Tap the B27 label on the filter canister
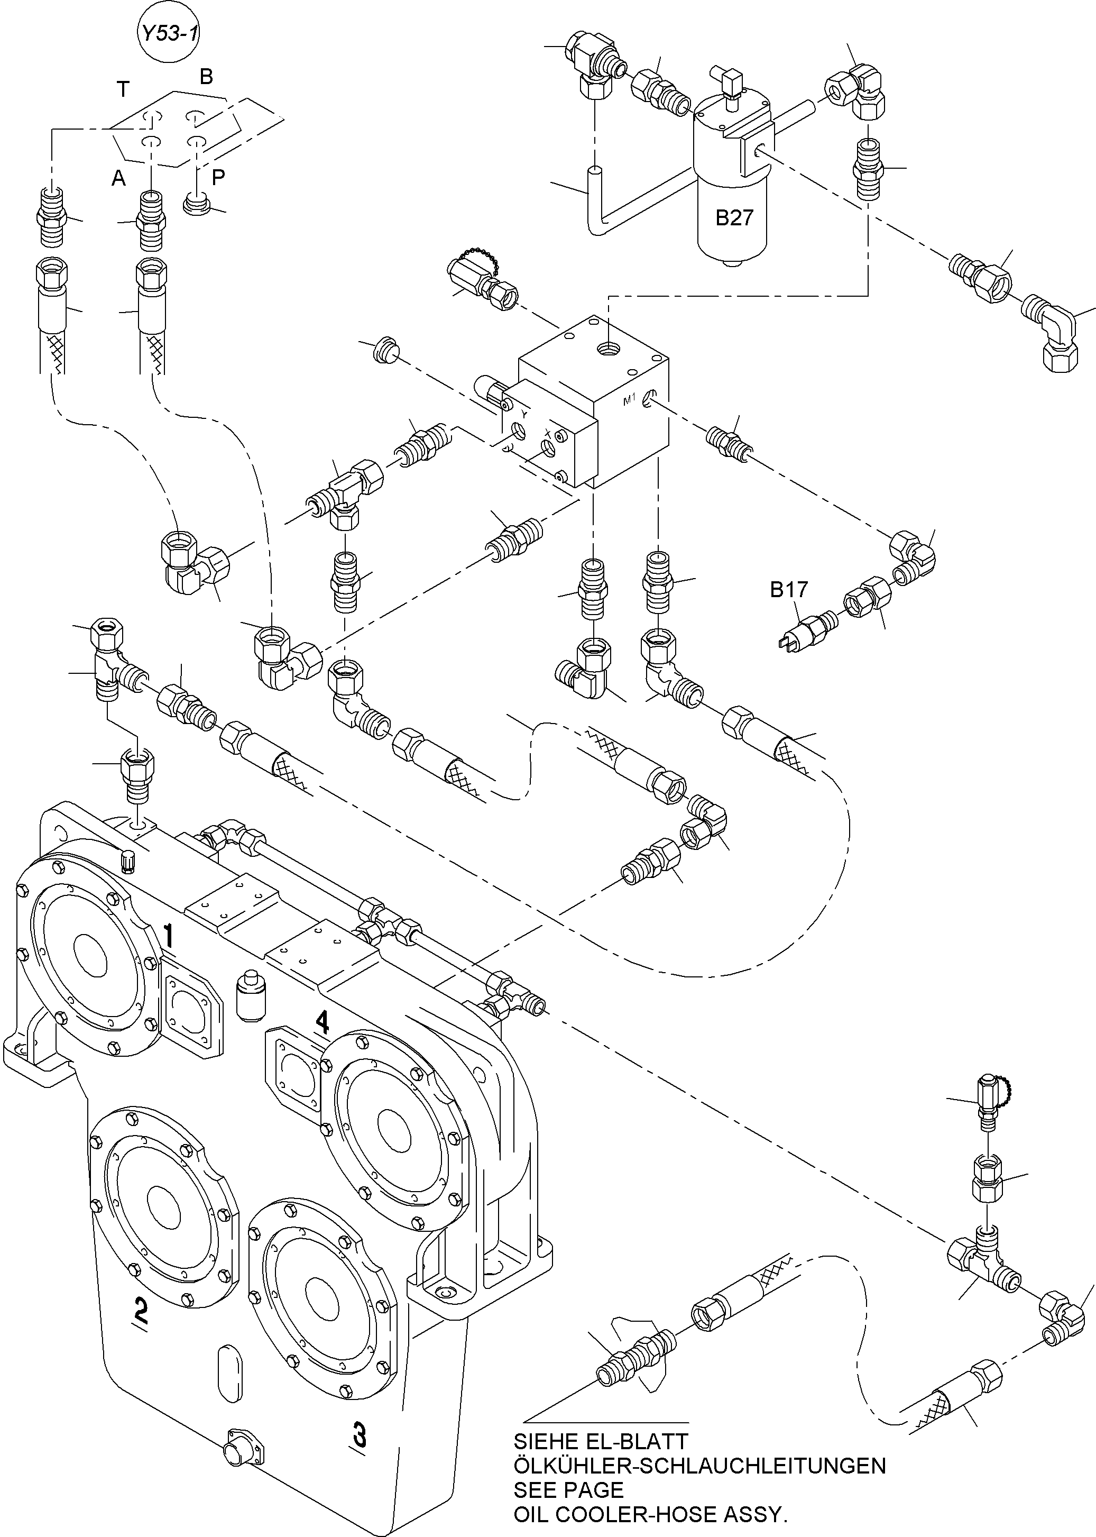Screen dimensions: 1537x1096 point(734,218)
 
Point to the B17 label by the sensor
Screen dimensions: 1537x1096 point(788,590)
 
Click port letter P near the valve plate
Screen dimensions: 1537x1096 point(218,178)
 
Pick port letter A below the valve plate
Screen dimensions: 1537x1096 point(119,178)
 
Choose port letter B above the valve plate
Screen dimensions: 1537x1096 point(206,77)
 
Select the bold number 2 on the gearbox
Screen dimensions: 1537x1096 point(141,1309)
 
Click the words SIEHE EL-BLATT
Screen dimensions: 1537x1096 point(600,1442)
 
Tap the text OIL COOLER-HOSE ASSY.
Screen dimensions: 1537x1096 point(650,1514)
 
